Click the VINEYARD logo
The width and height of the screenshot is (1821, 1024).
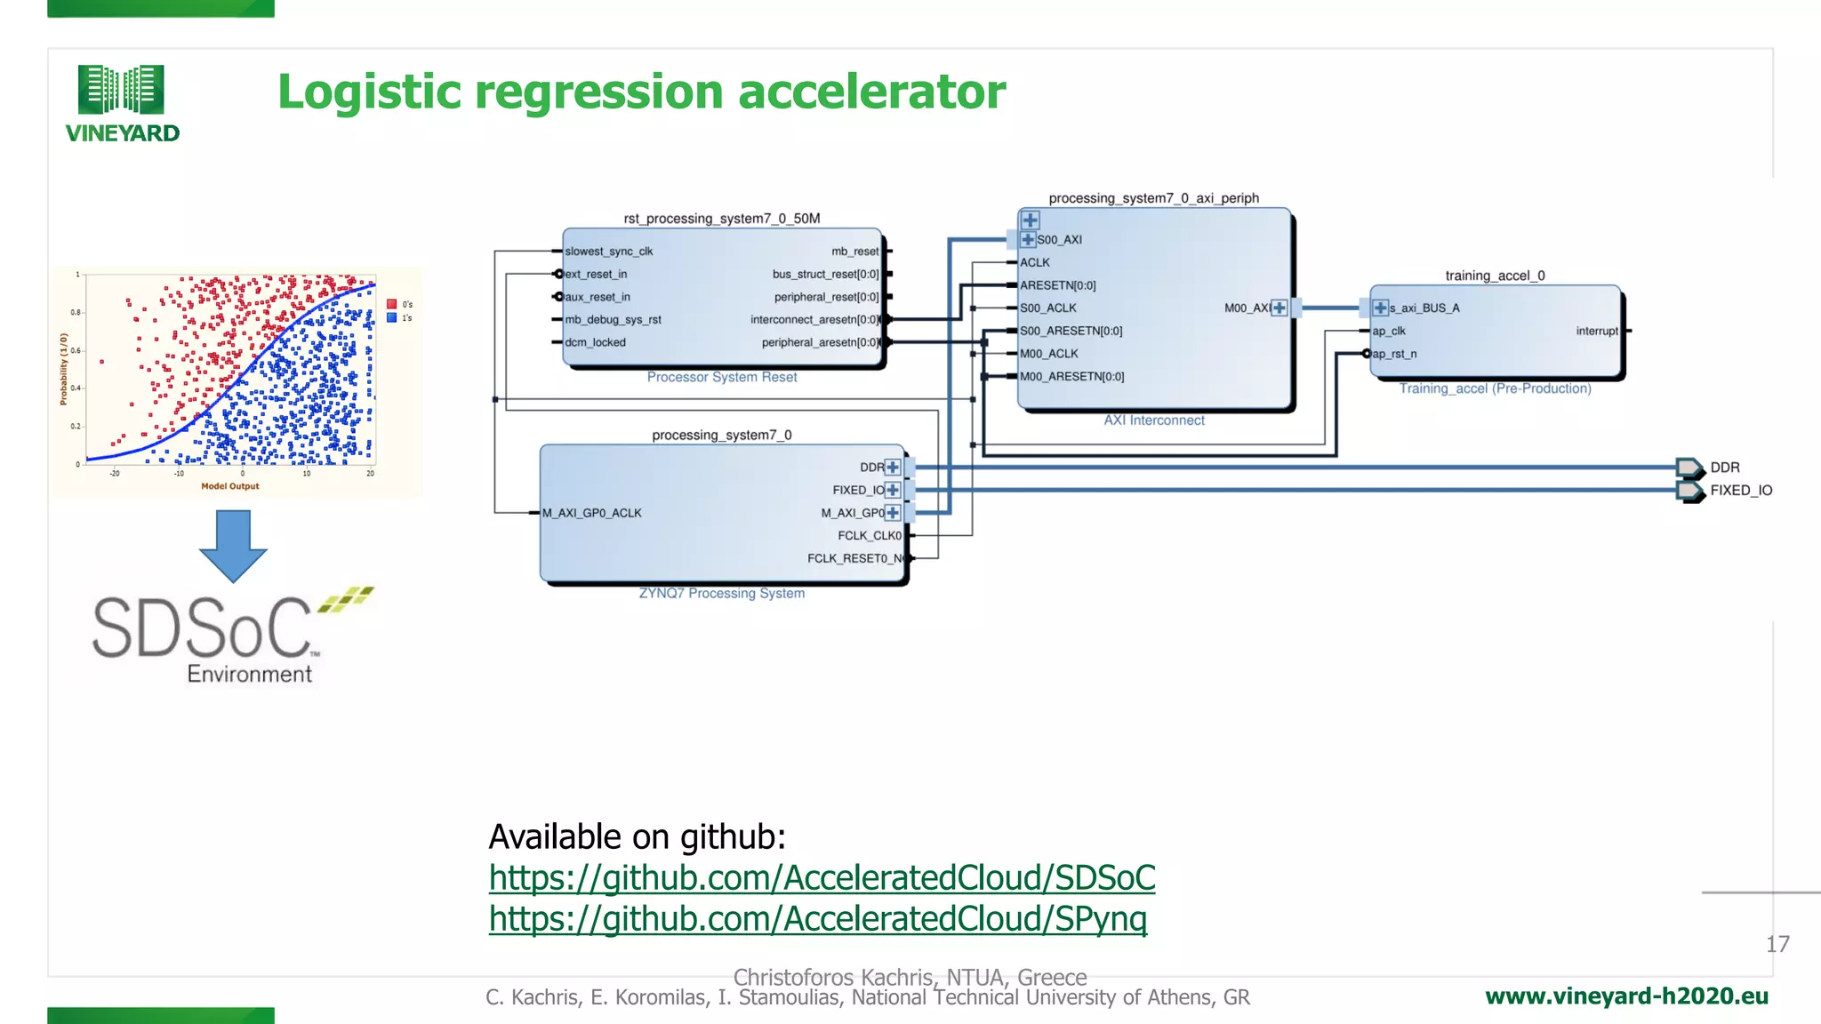[x=122, y=103]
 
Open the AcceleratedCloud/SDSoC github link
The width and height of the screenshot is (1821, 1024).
[x=822, y=878]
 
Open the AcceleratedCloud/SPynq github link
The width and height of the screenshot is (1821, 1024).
[x=817, y=919]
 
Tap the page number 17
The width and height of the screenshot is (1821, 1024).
[x=1777, y=944]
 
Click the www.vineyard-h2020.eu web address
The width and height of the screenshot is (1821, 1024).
[x=1626, y=996]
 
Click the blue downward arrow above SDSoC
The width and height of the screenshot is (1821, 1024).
[x=233, y=545]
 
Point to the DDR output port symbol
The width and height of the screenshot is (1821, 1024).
[x=1689, y=468]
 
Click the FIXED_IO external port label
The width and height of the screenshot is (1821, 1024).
[x=1740, y=491]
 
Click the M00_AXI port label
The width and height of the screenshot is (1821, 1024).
[x=1246, y=308]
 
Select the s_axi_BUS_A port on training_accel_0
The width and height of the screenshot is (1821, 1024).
[x=1424, y=308]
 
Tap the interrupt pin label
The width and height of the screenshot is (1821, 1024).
[x=1596, y=332]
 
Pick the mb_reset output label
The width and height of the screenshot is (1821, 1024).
[x=854, y=252]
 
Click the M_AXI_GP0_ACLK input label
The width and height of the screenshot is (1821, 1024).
[x=592, y=513]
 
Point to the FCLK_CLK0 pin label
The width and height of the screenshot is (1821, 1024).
[x=869, y=536]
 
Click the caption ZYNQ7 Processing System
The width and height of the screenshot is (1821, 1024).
[x=721, y=593]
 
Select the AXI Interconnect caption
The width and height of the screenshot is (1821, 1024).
[x=1153, y=420]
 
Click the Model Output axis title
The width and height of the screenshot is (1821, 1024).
[x=229, y=486]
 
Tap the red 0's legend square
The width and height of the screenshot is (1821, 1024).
[x=391, y=304]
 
